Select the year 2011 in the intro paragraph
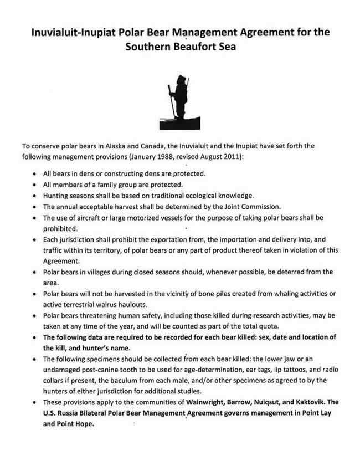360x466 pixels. point(227,157)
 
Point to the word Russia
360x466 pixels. point(67,413)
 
